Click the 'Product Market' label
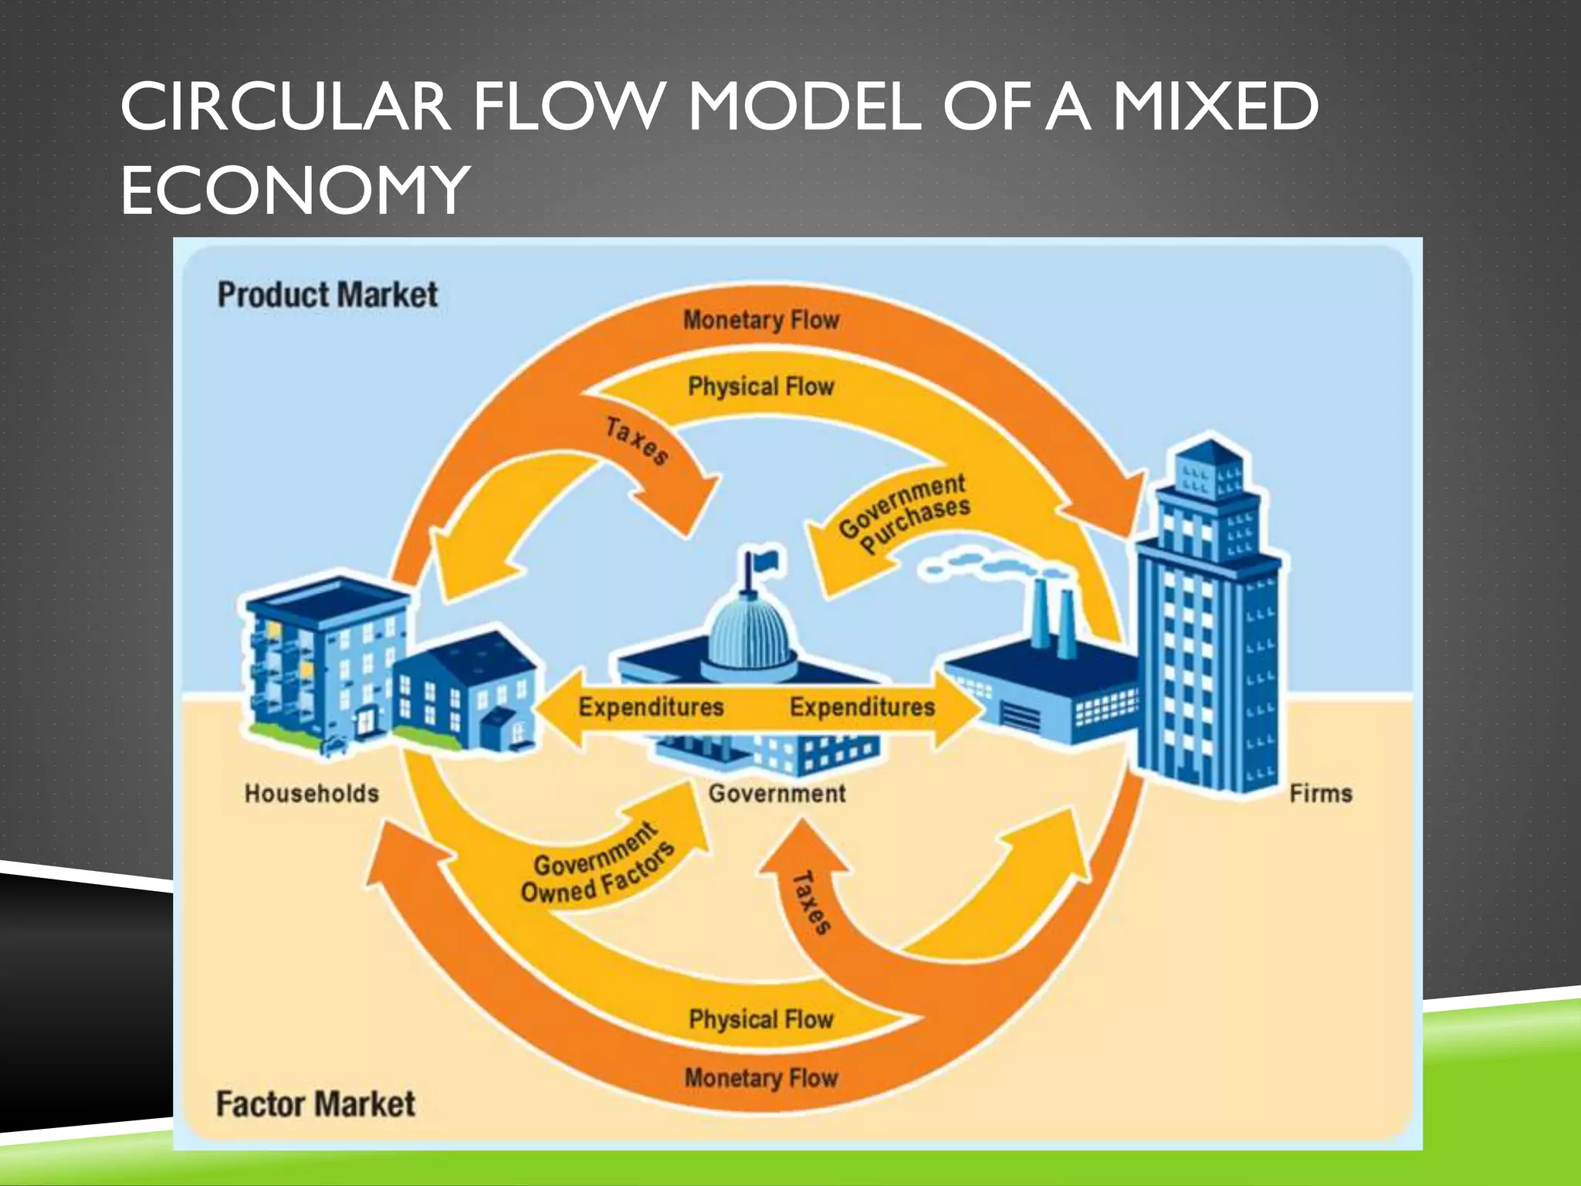(327, 295)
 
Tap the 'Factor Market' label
(315, 1104)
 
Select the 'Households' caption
(311, 793)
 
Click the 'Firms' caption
(1321, 793)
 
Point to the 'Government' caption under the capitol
(777, 793)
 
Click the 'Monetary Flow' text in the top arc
(761, 320)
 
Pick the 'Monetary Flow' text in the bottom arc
(761, 1077)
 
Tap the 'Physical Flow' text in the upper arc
(761, 386)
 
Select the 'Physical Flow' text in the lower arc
(761, 1019)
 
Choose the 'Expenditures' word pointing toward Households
(651, 707)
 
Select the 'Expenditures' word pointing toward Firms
(862, 707)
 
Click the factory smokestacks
(1053, 618)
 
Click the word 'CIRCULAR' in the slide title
(285, 107)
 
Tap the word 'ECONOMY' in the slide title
(295, 191)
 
